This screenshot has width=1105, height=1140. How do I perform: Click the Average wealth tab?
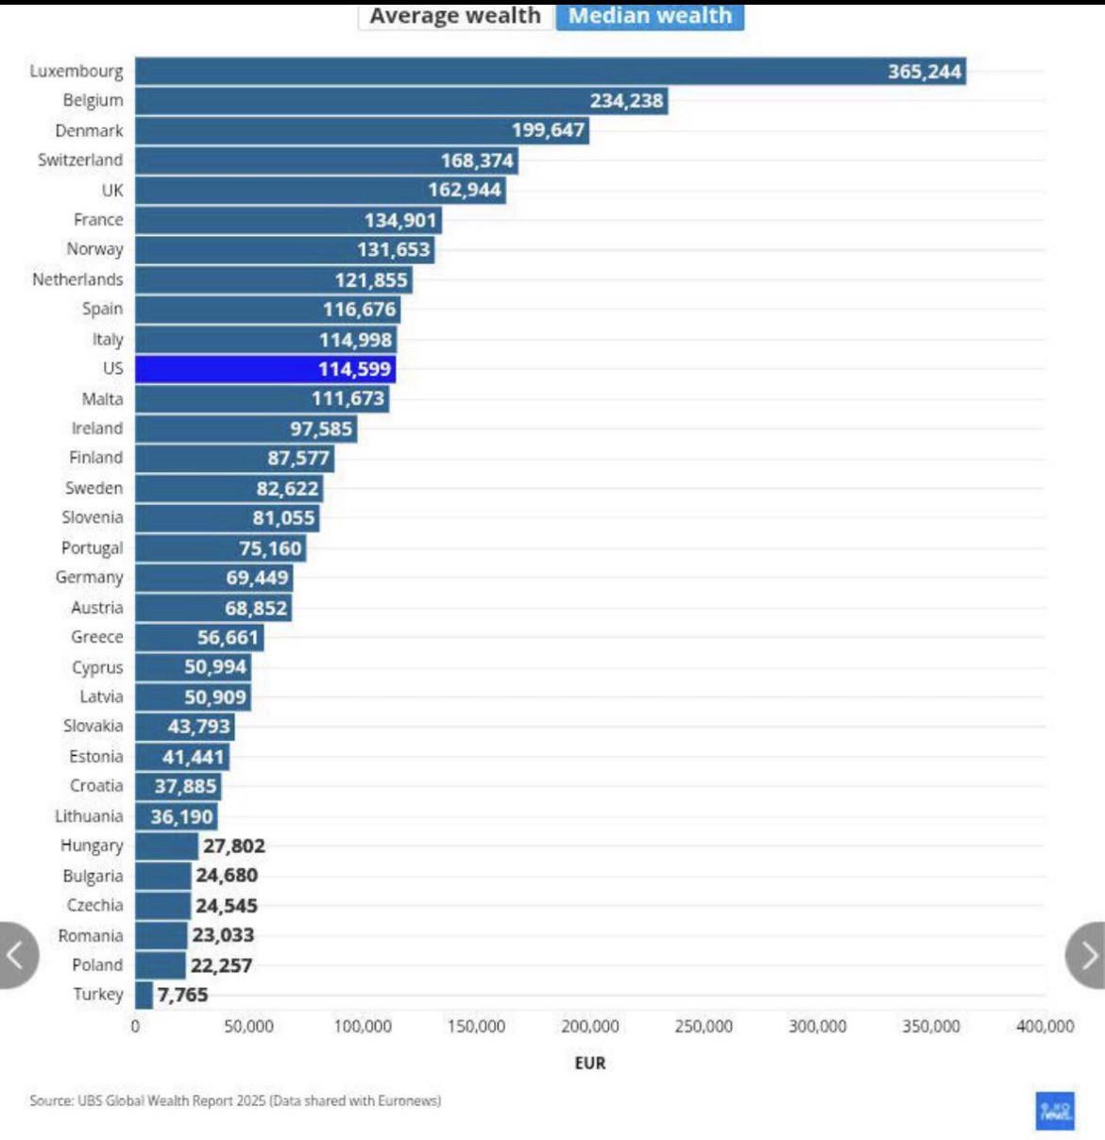click(x=455, y=16)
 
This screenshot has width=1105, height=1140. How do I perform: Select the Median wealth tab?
click(x=650, y=16)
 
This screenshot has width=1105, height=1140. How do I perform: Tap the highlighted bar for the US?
click(x=264, y=369)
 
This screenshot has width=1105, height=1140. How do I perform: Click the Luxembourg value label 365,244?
click(x=924, y=72)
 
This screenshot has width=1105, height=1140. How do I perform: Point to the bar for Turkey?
click(x=144, y=995)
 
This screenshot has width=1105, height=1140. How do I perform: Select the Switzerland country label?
click(x=80, y=160)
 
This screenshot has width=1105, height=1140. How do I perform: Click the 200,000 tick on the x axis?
click(x=590, y=1027)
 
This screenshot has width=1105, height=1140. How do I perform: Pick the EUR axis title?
click(x=590, y=1063)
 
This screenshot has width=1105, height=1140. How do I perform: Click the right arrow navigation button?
click(x=1088, y=955)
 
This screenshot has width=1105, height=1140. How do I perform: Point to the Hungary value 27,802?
click(x=234, y=847)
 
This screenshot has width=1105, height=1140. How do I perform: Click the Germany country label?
click(x=90, y=578)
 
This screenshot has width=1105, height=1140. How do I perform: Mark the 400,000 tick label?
click(x=1045, y=1027)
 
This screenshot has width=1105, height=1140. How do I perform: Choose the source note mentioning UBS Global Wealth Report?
click(x=235, y=1100)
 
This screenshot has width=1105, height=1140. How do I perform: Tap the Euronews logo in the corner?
click(x=1055, y=1111)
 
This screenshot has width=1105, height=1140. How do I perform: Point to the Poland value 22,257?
click(x=221, y=965)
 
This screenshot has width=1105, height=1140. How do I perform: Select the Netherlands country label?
click(x=77, y=280)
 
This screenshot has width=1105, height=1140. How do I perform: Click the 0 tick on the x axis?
click(x=135, y=1027)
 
